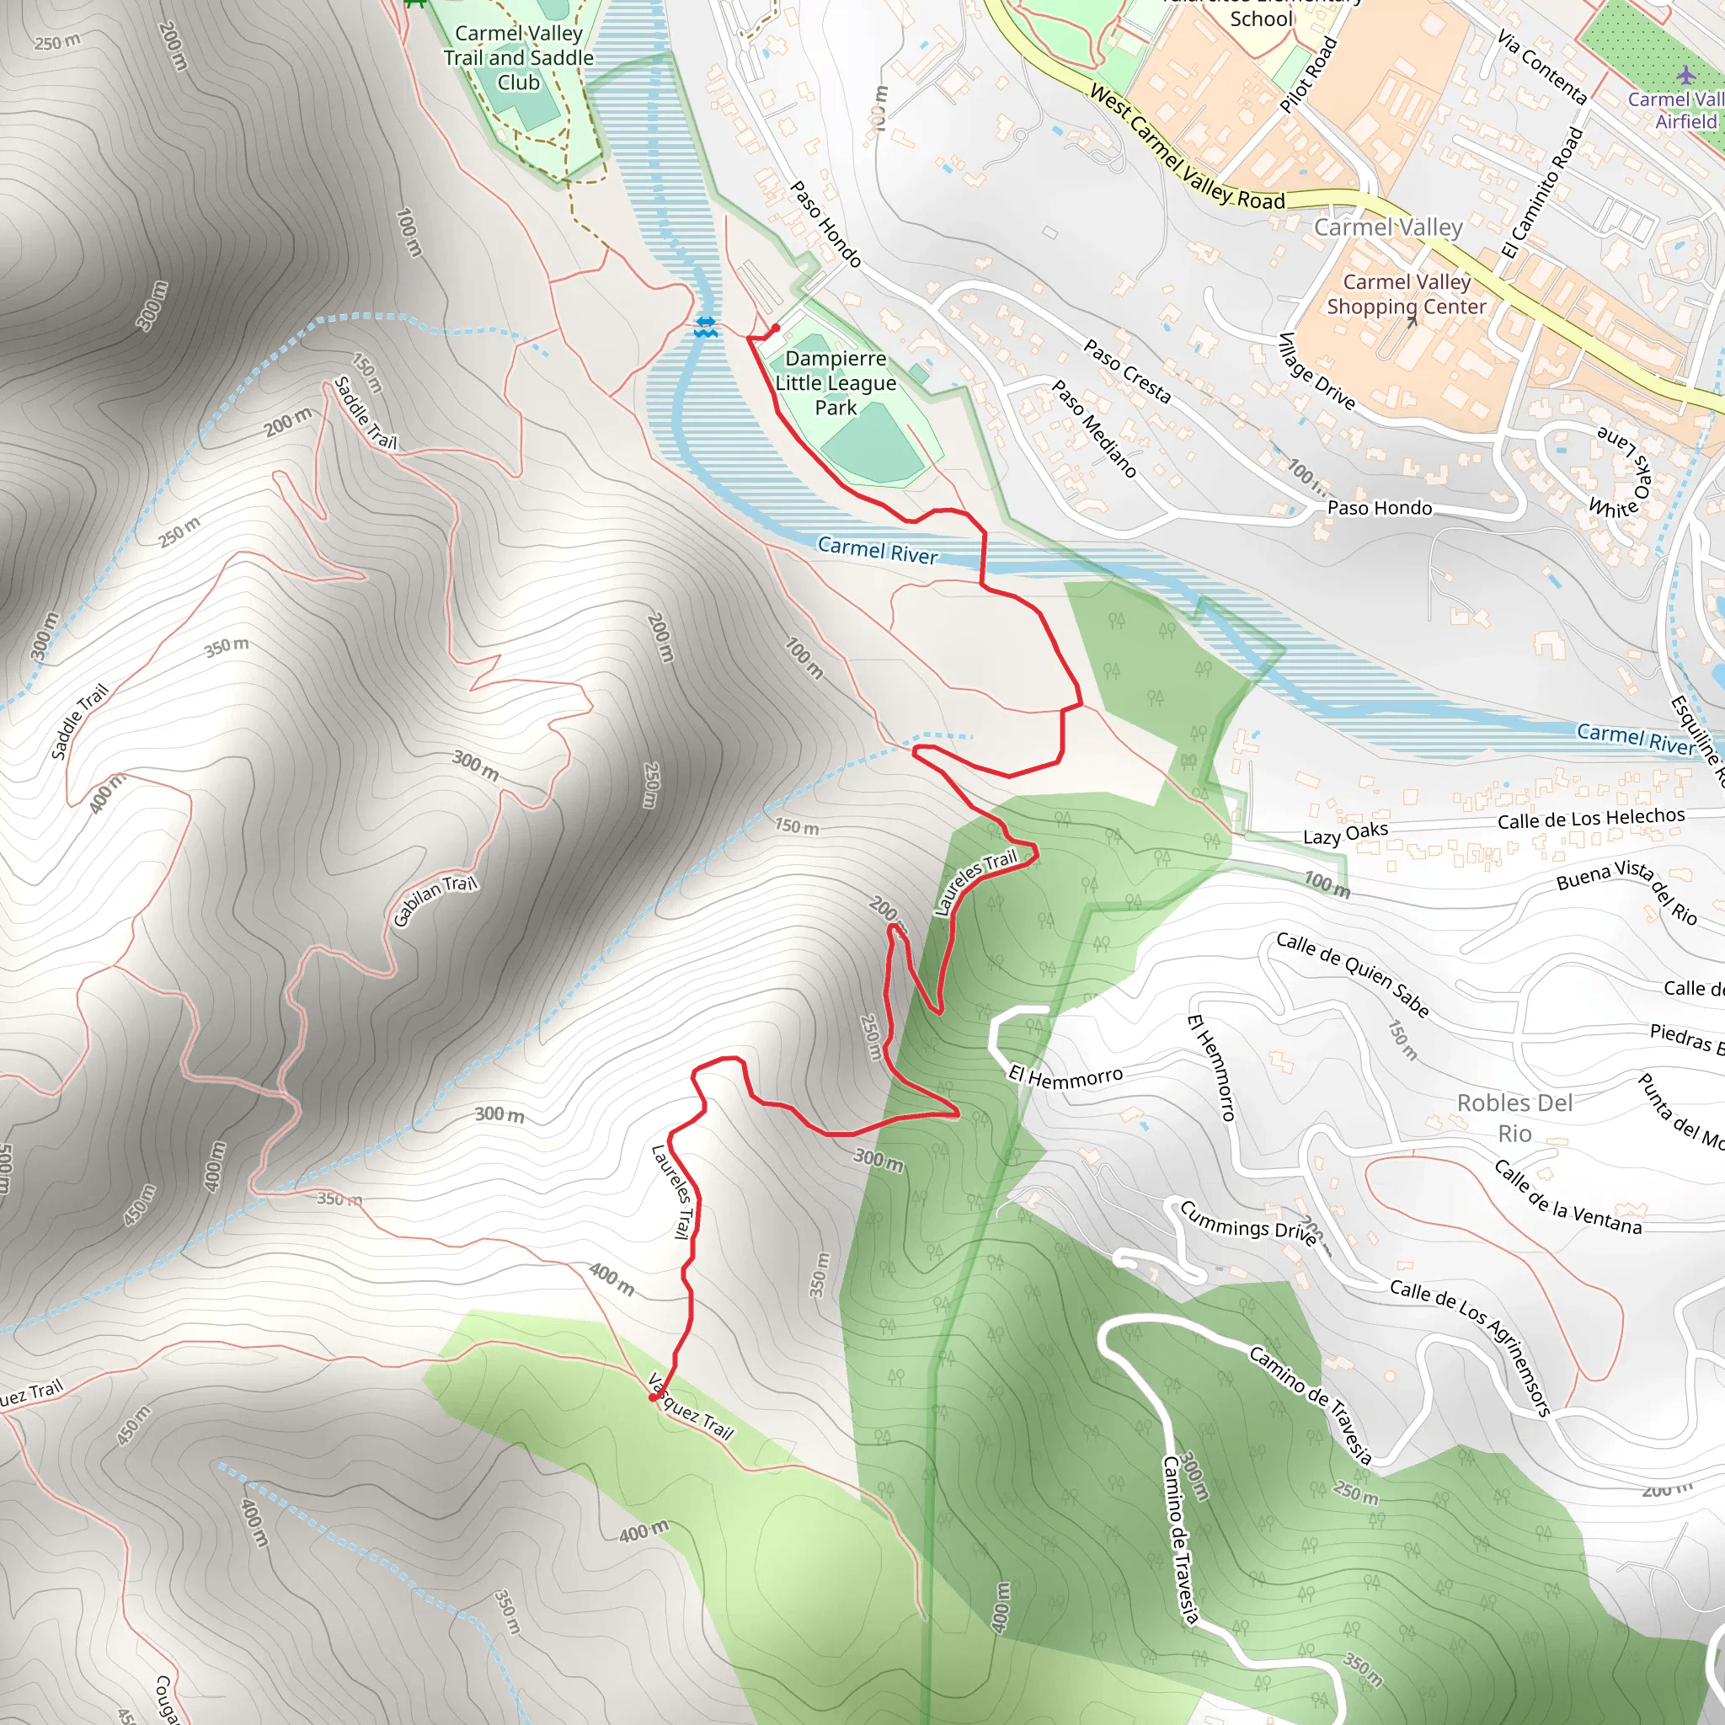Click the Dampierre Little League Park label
[835, 383]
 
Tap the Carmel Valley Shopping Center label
[1407, 295]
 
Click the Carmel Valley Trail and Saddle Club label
[519, 58]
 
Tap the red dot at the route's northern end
[776, 328]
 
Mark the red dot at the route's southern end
[653, 1397]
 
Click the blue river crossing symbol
[705, 327]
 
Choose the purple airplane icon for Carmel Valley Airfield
[1685, 76]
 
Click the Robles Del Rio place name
[1514, 1118]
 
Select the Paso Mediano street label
[1094, 429]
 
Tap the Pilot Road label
[1309, 75]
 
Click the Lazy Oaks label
[1344, 833]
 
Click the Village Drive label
[1317, 371]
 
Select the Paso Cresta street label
[1127, 371]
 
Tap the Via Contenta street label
[1541, 68]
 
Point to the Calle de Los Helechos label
[1591, 818]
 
